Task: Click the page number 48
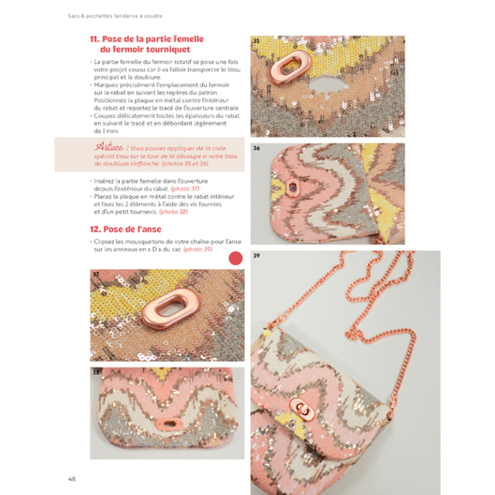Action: click(x=72, y=478)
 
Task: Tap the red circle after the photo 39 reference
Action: click(x=236, y=259)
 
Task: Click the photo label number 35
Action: click(x=256, y=41)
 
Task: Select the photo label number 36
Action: click(x=256, y=148)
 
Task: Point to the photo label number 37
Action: click(x=95, y=273)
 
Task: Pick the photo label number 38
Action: click(x=96, y=373)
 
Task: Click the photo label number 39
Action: click(x=256, y=255)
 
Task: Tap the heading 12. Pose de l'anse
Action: click(x=128, y=229)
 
